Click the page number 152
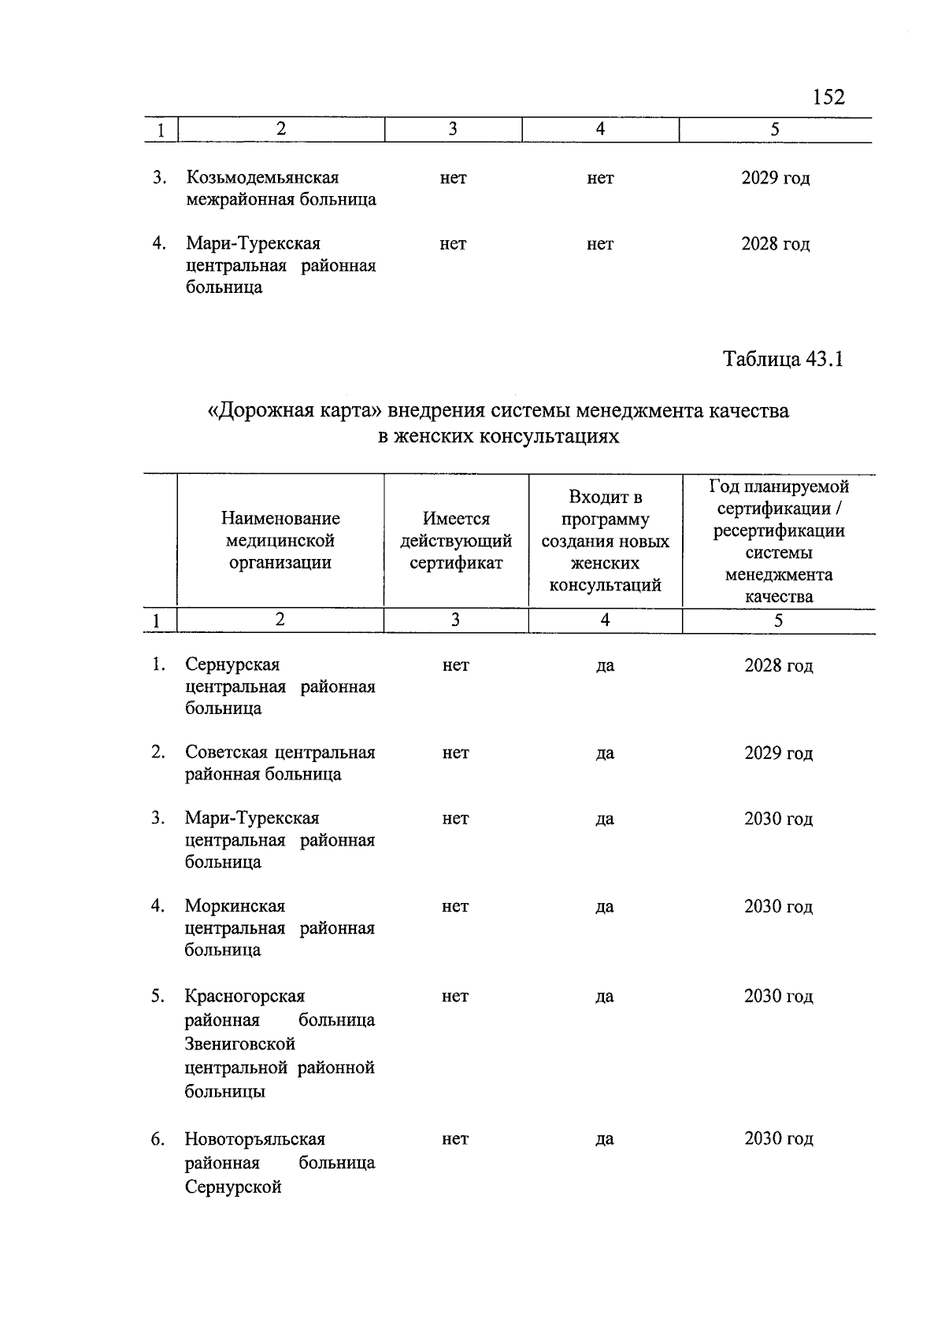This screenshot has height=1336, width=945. pyautogui.click(x=828, y=97)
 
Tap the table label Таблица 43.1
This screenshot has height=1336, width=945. pyautogui.click(x=783, y=360)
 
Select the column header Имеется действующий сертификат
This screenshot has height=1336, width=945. pyautogui.click(x=456, y=541)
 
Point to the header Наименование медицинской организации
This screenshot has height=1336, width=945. pyautogui.click(x=280, y=541)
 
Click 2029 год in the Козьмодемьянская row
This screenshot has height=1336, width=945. pyautogui.click(x=775, y=178)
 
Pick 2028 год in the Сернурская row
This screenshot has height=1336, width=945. pyautogui.click(x=778, y=666)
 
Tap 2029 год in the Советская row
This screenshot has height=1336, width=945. pyautogui.click(x=778, y=753)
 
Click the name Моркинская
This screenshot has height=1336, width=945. pyautogui.click(x=235, y=906)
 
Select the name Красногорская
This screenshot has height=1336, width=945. pyautogui.click(x=244, y=997)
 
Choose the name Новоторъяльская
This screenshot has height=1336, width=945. pyautogui.click(x=254, y=1139)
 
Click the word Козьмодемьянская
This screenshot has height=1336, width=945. pyautogui.click(x=262, y=178)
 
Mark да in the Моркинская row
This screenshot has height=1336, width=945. pyautogui.click(x=604, y=907)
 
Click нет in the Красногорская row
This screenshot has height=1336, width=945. pyautogui.click(x=455, y=997)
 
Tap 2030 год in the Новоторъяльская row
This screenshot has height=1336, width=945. pyautogui.click(x=778, y=1139)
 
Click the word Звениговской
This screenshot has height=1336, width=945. pyautogui.click(x=239, y=1044)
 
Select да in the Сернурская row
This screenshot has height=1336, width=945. pyautogui.click(x=605, y=666)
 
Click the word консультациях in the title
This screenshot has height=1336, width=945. pyautogui.click(x=548, y=436)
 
